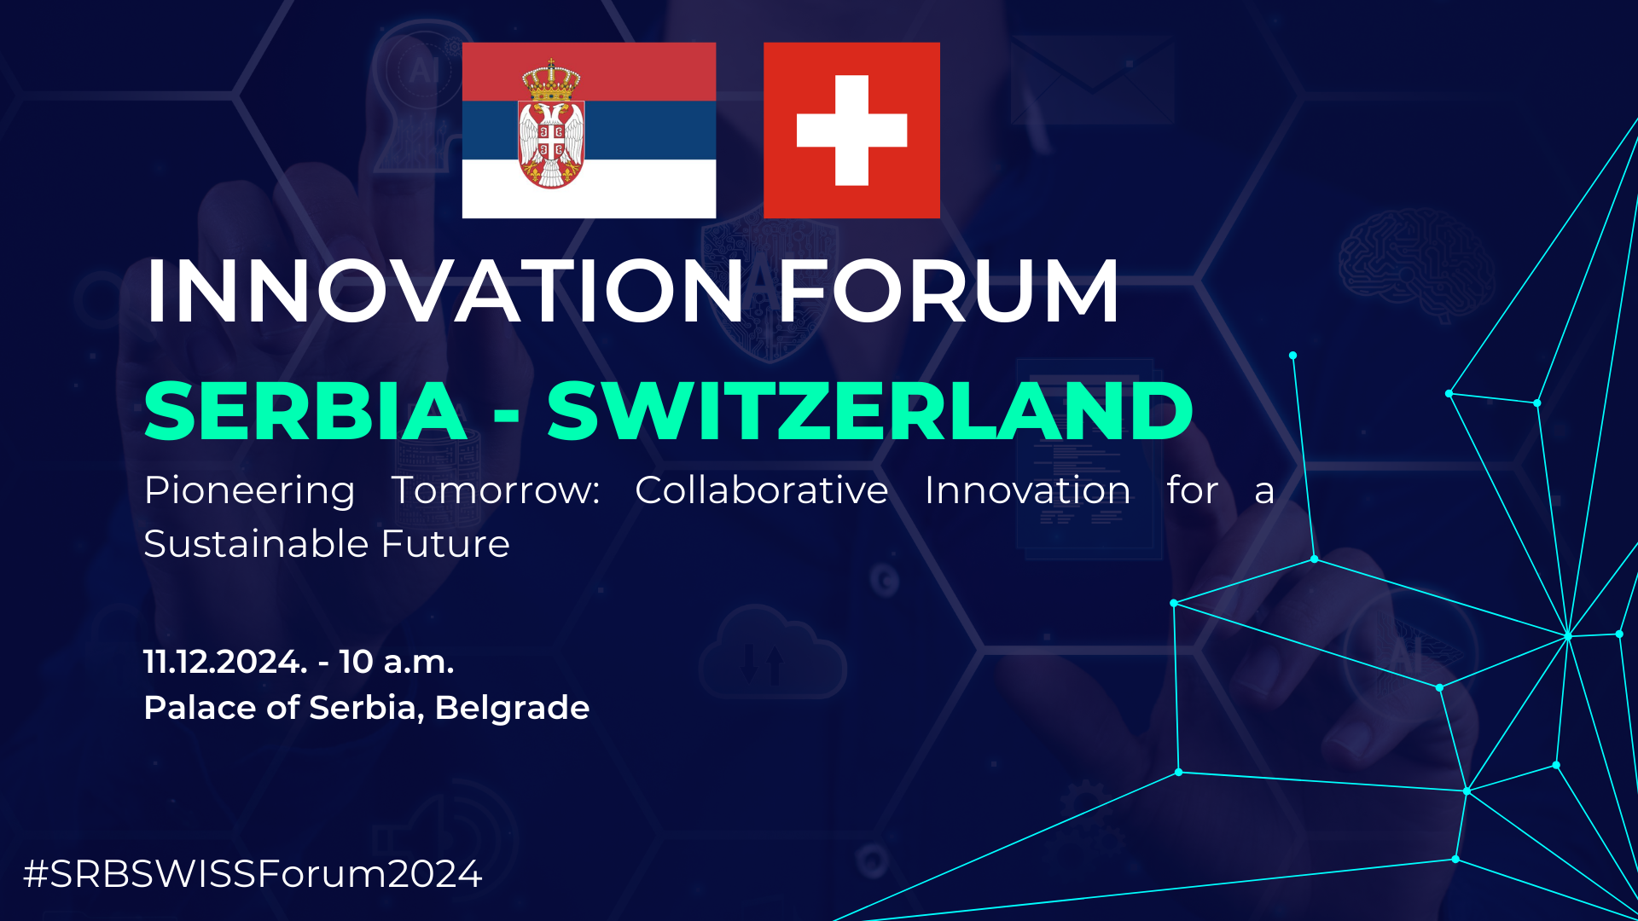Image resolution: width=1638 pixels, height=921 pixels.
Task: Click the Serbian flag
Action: [589, 130]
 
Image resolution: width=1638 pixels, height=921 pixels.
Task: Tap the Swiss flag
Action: [851, 130]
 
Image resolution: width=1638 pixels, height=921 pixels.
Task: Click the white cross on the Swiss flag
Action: [851, 130]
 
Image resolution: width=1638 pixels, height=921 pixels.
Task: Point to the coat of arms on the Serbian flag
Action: [551, 125]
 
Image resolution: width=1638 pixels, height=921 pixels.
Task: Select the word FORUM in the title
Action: [948, 291]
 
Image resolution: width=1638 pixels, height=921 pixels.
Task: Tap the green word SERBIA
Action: [305, 411]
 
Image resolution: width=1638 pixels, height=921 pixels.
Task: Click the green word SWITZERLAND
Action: [869, 411]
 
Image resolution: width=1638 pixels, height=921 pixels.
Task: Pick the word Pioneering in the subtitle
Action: [249, 492]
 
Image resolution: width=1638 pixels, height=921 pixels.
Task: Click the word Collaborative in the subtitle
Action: [761, 490]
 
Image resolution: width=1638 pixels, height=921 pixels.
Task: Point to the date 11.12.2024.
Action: [225, 662]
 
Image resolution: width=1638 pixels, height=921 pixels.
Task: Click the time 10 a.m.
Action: [397, 662]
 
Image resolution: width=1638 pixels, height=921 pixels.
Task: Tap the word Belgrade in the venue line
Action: [512, 709]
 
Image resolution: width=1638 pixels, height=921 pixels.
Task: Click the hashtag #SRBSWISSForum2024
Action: [253, 874]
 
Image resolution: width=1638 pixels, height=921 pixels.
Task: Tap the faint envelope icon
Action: [1092, 78]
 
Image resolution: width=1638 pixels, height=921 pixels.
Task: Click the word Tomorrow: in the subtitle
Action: [496, 490]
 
